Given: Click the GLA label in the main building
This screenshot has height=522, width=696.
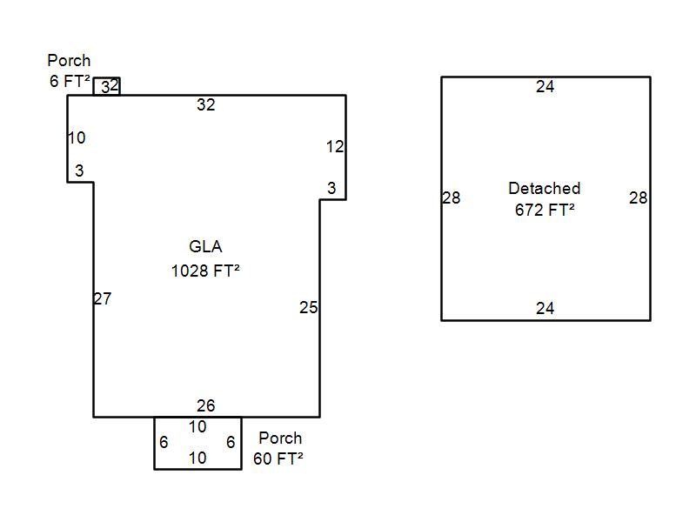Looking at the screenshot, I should pyautogui.click(x=205, y=247).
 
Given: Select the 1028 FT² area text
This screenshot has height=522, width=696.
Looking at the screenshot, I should pyautogui.click(x=205, y=271).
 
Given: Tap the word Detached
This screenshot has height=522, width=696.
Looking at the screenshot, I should pyautogui.click(x=545, y=189).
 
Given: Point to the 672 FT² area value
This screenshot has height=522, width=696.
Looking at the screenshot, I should pyautogui.click(x=545, y=210).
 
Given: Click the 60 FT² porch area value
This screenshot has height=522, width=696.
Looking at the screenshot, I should pyautogui.click(x=278, y=458).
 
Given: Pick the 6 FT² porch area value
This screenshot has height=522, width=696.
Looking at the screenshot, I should pyautogui.click(x=70, y=82).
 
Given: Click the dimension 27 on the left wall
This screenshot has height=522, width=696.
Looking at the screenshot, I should pyautogui.click(x=103, y=299).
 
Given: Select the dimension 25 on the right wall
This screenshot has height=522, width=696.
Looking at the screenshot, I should pyautogui.click(x=309, y=307).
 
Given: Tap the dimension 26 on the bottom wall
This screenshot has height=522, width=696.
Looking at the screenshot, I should pyautogui.click(x=205, y=406).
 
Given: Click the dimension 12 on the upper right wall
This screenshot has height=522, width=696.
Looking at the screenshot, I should pyautogui.click(x=335, y=147).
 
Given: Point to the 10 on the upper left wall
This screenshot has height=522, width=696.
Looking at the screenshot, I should pyautogui.click(x=77, y=137).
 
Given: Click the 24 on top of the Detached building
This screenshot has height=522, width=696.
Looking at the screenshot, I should pyautogui.click(x=545, y=87).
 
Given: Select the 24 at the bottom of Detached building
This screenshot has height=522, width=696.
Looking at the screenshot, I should pyautogui.click(x=545, y=309).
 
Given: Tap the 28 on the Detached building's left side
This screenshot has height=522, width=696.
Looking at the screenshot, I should pyautogui.click(x=452, y=198).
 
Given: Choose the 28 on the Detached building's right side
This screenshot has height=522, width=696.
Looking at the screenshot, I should pyautogui.click(x=639, y=198).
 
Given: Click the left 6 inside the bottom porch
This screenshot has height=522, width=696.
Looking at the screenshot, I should pyautogui.click(x=164, y=443).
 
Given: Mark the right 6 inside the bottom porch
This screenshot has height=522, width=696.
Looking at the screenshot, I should pyautogui.click(x=231, y=443).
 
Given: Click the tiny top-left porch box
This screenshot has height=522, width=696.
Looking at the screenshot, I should pyautogui.click(x=107, y=86).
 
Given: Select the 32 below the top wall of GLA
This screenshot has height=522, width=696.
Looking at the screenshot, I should pyautogui.click(x=205, y=105).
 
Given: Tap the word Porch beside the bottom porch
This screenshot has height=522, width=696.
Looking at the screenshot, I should pyautogui.click(x=280, y=438).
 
